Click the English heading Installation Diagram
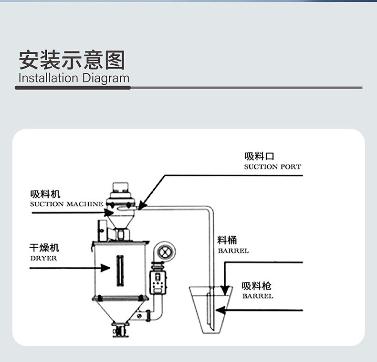point(73,78)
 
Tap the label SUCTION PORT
point(272,167)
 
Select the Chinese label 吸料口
point(260,156)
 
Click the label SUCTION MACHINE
point(66,204)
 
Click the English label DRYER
point(43,258)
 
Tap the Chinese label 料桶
point(227,240)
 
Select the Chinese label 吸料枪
point(257,286)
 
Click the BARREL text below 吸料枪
point(258,296)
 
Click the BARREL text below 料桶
point(233,251)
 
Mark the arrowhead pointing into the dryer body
point(106,268)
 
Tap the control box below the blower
point(156,282)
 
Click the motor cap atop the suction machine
point(121,187)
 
